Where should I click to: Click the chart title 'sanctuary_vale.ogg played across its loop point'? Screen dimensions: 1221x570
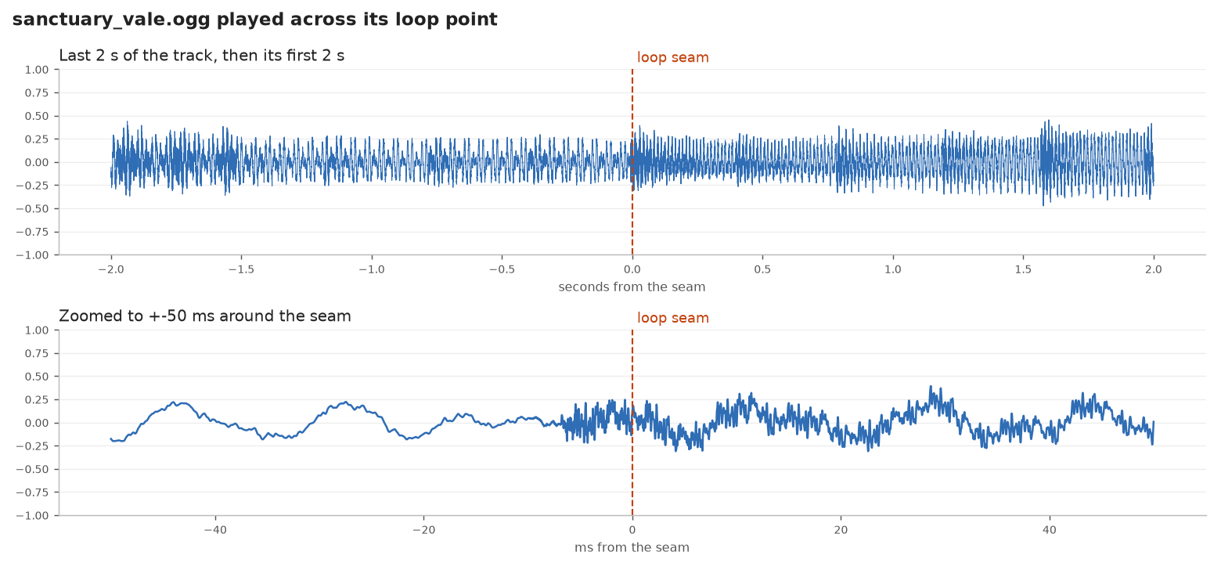(254, 20)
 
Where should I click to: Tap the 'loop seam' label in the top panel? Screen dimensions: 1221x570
(672, 57)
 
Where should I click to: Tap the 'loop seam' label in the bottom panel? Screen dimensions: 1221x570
(672, 318)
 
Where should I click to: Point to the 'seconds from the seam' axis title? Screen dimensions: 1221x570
(632, 287)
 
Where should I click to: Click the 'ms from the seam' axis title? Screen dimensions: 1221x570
(632, 547)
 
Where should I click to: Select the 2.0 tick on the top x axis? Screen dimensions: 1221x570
(1154, 269)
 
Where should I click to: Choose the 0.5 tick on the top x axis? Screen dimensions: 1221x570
(762, 269)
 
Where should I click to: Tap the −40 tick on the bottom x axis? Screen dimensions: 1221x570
(214, 530)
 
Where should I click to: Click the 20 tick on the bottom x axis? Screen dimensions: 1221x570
(841, 530)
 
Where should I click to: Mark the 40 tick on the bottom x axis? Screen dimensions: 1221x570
(1050, 530)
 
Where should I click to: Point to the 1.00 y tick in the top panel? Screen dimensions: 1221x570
(37, 70)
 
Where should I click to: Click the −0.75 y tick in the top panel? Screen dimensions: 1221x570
(32, 232)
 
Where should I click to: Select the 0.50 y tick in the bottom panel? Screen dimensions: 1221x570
(37, 377)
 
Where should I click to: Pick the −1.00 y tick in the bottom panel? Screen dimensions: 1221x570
(32, 516)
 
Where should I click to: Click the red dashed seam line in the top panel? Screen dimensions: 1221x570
(632, 162)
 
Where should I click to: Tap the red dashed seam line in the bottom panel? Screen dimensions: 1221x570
(632, 423)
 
